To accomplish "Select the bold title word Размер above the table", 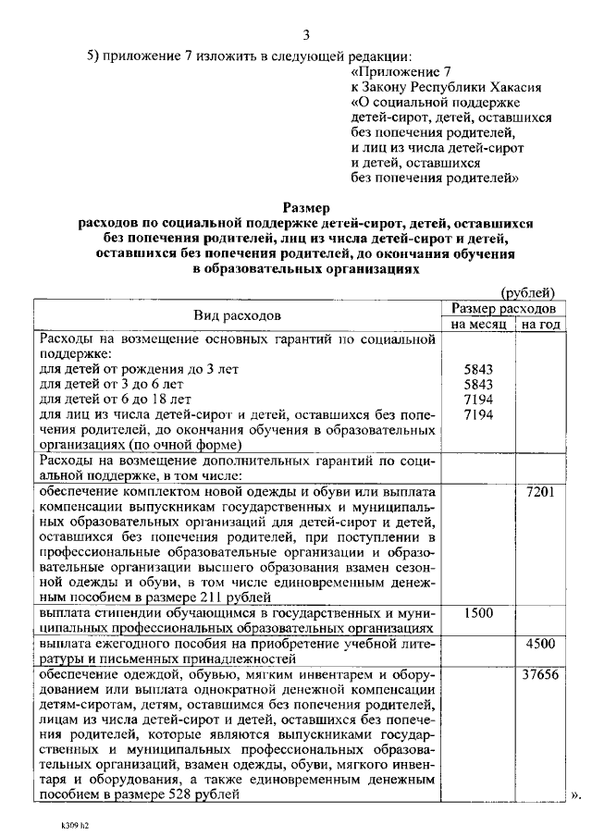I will [305, 208].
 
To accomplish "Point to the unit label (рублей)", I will [527, 292].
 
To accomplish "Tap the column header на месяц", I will [479, 325].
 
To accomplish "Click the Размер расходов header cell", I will [503, 308].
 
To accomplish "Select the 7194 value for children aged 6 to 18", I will [478, 399].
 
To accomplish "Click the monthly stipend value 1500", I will [478, 612].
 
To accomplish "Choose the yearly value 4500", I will [539, 644].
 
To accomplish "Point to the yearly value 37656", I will [539, 674].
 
